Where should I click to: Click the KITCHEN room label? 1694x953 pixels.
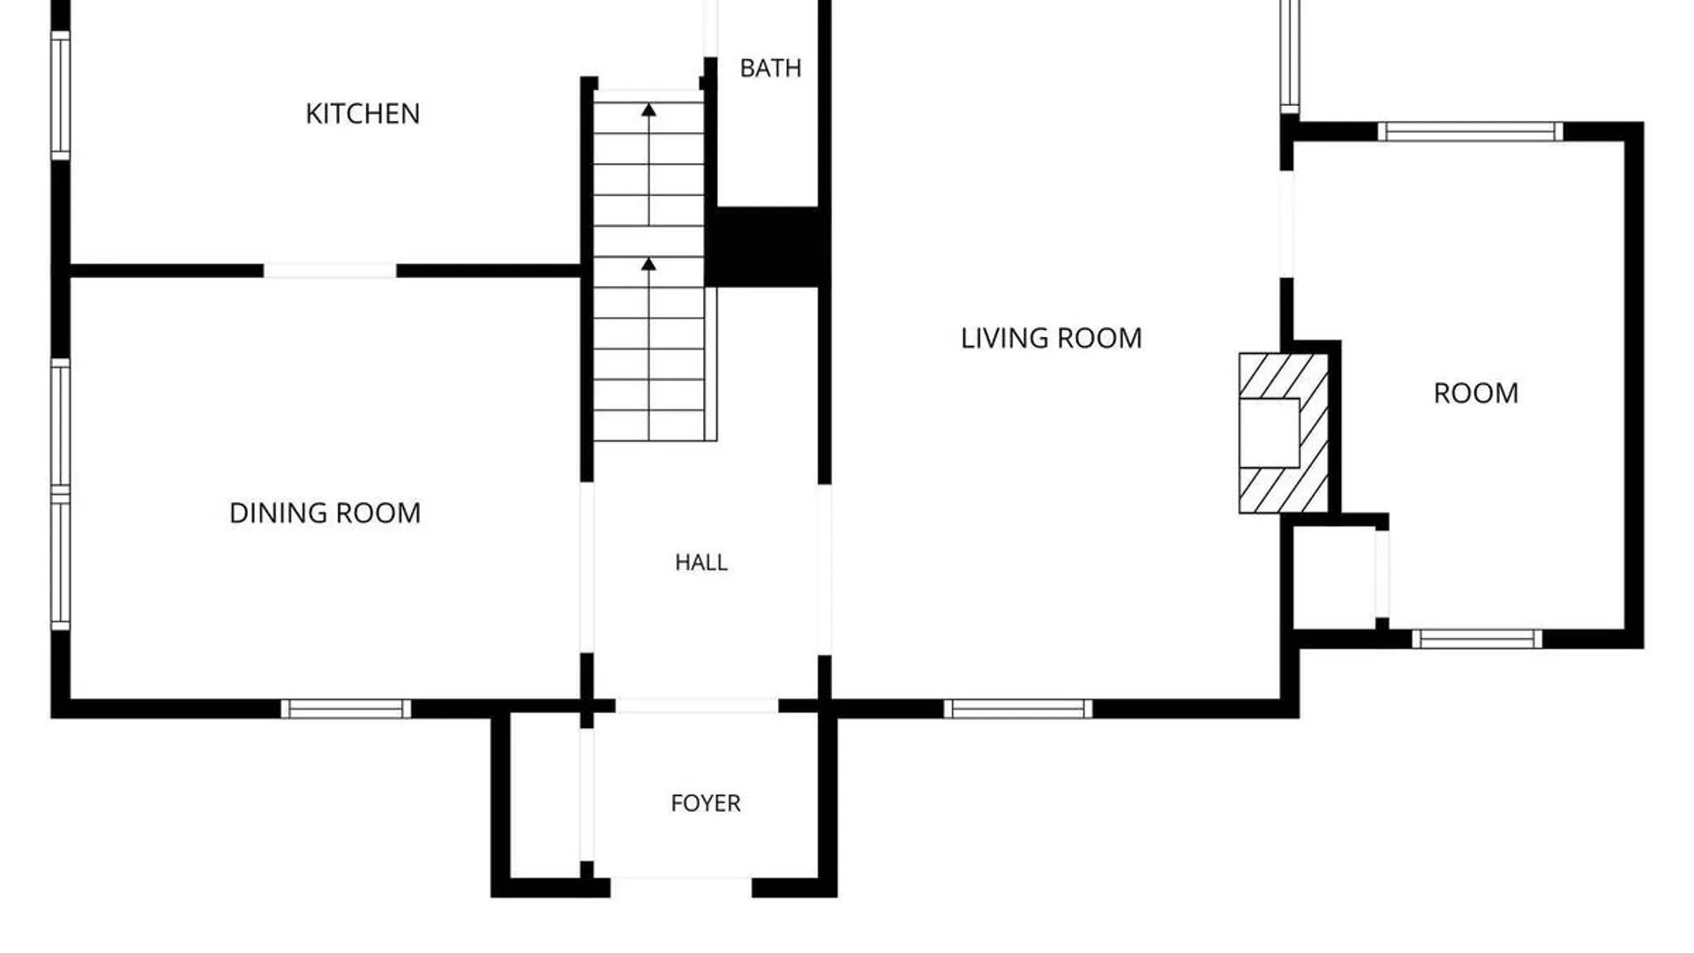pyautogui.click(x=363, y=114)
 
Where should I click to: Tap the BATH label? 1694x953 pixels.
pyautogui.click(x=770, y=68)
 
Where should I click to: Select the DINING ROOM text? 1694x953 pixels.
pyautogui.click(x=325, y=513)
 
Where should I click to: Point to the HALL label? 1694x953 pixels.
pyautogui.click(x=701, y=562)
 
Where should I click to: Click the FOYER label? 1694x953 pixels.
pyautogui.click(x=706, y=803)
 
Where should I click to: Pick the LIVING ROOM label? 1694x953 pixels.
pyautogui.click(x=1051, y=338)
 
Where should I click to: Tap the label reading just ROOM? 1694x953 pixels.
pyautogui.click(x=1476, y=393)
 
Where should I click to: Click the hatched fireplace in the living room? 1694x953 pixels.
pyautogui.click(x=1284, y=433)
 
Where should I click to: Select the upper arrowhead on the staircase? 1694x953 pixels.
pyautogui.click(x=648, y=109)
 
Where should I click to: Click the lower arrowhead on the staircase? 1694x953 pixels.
pyautogui.click(x=648, y=264)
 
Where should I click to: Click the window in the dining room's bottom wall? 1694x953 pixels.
pyautogui.click(x=346, y=709)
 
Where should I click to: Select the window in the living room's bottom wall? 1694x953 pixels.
pyautogui.click(x=1018, y=709)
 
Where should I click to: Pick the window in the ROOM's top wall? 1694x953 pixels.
pyautogui.click(x=1470, y=131)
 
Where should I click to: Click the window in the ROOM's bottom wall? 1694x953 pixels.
pyautogui.click(x=1477, y=639)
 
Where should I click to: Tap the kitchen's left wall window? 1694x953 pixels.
pyautogui.click(x=60, y=95)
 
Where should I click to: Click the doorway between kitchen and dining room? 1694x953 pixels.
pyautogui.click(x=330, y=271)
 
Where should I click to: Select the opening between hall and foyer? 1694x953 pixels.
pyautogui.click(x=697, y=706)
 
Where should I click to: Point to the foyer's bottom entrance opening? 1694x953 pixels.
pyautogui.click(x=681, y=887)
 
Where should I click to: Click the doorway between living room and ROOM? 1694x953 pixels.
pyautogui.click(x=1286, y=224)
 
